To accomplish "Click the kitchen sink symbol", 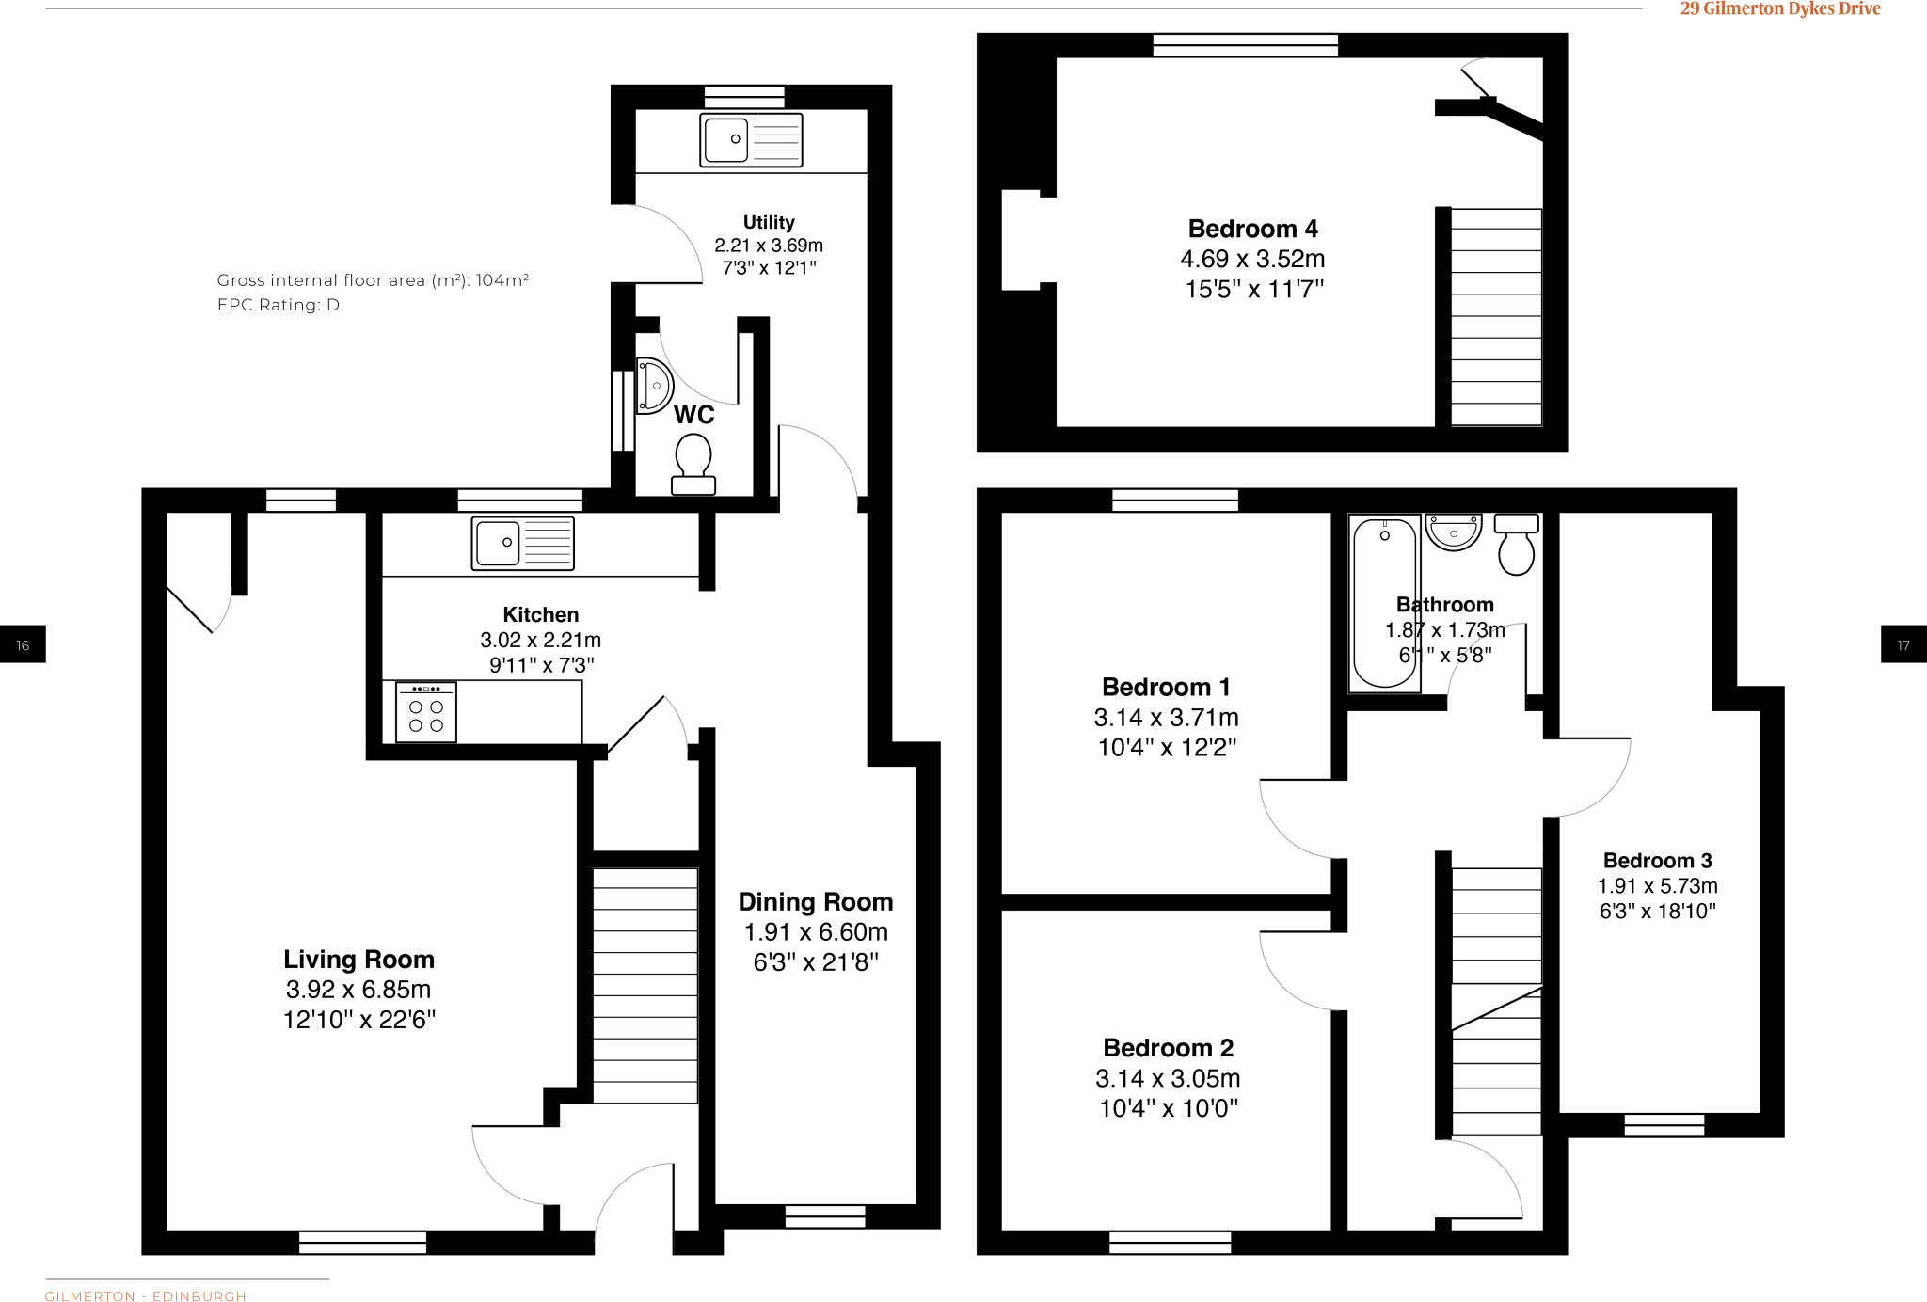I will coord(522,543).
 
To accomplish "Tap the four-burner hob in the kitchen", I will coord(426,712).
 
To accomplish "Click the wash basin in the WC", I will coord(654,386).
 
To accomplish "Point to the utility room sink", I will coord(750,139).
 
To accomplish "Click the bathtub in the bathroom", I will coord(1384,602).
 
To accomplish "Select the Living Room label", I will coord(358,960).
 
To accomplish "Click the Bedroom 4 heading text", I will coord(1252,229).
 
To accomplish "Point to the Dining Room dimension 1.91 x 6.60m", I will coord(815,932).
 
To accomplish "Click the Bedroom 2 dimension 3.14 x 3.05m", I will coord(1167,1078).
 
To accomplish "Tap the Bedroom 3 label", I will coord(1657,860).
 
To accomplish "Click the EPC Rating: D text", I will coord(278,305).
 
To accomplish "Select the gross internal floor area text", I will coord(373,280).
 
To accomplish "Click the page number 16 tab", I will coord(23,644).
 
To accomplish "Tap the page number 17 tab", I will coord(1903,644).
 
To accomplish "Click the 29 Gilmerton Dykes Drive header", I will coord(1780,9).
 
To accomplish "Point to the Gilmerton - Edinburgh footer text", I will coord(146,1295).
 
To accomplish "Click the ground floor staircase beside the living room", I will coord(645,985).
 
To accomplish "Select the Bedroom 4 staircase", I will coord(1495,317).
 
